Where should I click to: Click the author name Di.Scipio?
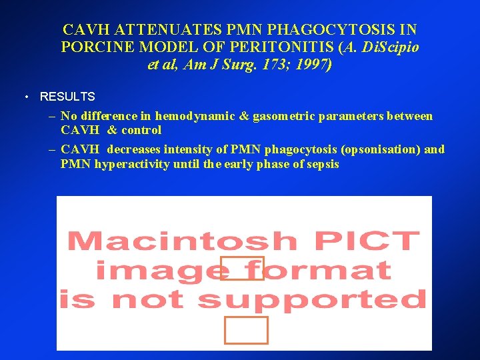390,48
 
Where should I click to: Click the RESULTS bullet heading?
67,97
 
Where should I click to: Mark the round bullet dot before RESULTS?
25,97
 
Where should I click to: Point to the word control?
141,130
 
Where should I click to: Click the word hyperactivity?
131,163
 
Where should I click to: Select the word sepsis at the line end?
323,163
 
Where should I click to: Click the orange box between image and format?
242,268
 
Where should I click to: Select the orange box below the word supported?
246,330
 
